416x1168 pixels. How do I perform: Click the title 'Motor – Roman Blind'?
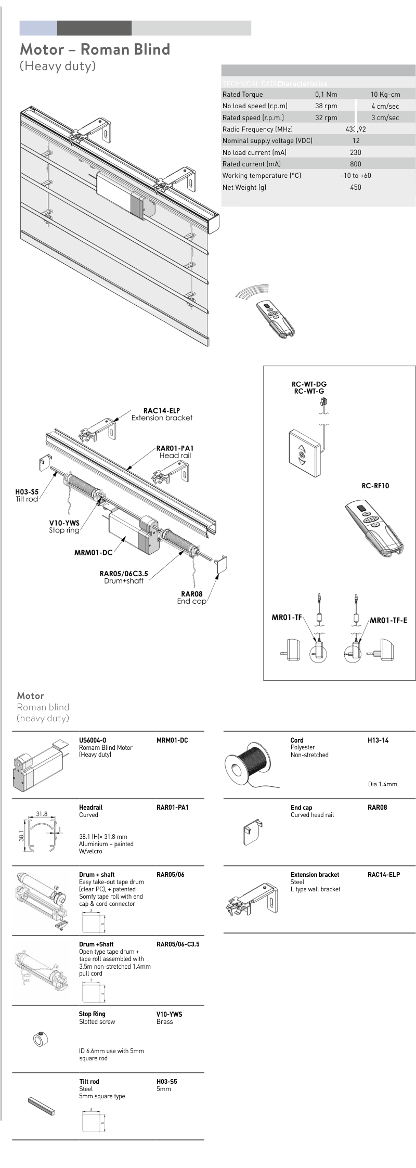point(95,49)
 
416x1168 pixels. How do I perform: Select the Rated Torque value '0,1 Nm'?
point(326,94)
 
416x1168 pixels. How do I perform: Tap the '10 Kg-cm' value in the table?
point(385,94)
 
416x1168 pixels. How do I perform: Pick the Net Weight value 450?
point(356,187)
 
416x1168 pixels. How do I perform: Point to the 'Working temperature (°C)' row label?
point(262,176)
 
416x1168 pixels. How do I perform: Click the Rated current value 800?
point(356,164)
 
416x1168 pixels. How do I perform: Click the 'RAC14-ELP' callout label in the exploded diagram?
point(161,410)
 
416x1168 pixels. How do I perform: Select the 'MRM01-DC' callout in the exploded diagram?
point(94,552)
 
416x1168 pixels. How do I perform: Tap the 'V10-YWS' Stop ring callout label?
point(64,523)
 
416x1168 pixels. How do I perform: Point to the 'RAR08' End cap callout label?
point(191,594)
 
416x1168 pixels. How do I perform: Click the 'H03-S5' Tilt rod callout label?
point(27,491)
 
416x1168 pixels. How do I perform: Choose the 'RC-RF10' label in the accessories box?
point(375,486)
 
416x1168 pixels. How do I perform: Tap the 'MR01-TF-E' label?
point(388,620)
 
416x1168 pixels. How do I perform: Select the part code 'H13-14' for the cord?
point(378,740)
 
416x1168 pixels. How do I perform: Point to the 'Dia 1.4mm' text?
point(382,784)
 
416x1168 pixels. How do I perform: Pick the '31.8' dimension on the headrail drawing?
point(42,814)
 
